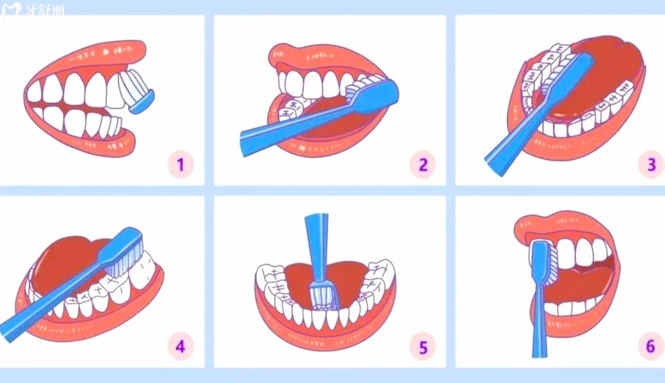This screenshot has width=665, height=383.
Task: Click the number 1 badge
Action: pos(181,165)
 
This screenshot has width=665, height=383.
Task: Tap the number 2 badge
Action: pos(423,164)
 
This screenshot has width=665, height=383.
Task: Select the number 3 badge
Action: pos(651,164)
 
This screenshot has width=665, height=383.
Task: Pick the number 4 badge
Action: pos(181,347)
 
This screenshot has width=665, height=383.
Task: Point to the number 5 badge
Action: pos(423,347)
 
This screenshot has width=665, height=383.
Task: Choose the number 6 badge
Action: pos(651,347)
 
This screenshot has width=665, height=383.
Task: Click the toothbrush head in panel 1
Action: pos(137,91)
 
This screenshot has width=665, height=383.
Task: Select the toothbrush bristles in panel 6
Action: pos(551,266)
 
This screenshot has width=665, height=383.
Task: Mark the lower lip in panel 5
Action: pos(325,333)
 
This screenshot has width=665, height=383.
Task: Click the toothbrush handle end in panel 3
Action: pos(494,166)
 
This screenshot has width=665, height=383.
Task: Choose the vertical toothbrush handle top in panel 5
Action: pos(317,216)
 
